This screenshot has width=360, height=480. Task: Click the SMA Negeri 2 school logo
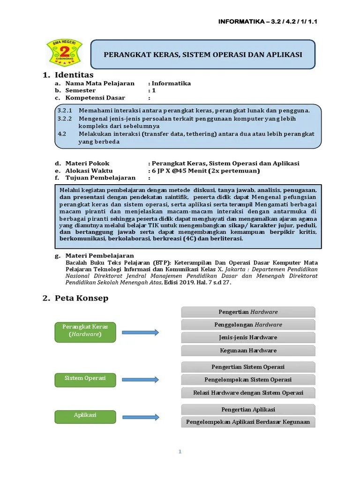pos(64,52)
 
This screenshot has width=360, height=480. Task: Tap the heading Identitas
pos(74,75)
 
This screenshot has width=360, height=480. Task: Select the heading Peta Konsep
pos(81,298)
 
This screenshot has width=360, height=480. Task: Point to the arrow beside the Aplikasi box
pos(141,417)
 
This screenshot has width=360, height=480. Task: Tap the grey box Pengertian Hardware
pos(248,312)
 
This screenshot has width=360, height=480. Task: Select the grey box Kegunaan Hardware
pos(248,351)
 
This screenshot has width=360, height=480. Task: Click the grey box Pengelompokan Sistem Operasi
pos(248,380)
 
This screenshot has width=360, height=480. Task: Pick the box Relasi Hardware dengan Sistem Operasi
pos(248,393)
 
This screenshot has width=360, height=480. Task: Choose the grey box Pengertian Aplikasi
pos(248,410)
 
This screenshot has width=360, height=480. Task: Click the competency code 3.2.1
pos(65,111)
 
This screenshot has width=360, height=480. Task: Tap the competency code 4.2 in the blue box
pos(62,134)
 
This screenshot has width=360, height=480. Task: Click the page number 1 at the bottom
pos(180,452)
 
